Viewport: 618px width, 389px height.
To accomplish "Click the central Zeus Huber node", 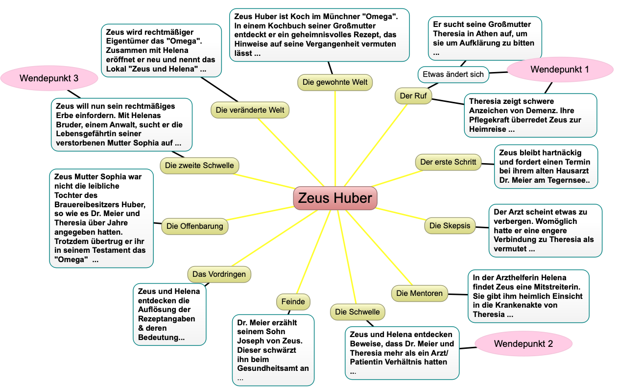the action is (x=335, y=198).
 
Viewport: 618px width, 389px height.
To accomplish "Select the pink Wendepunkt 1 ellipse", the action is (x=560, y=70).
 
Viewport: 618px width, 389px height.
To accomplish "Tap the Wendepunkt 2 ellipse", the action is (x=523, y=344).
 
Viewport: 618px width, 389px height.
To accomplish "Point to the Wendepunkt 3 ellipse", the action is (x=49, y=78).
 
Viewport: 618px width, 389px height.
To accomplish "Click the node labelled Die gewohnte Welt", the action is (x=335, y=82).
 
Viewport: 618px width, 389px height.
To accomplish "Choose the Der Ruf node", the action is (x=413, y=96).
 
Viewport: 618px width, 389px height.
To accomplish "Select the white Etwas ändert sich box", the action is (x=453, y=74).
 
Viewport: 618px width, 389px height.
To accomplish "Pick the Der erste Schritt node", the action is (x=448, y=162).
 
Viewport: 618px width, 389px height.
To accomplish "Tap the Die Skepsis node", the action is (x=450, y=225).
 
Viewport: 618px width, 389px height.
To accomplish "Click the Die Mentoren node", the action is (x=419, y=293).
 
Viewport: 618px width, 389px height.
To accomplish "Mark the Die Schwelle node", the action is (x=357, y=312).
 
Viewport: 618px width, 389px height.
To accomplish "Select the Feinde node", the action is (x=293, y=302).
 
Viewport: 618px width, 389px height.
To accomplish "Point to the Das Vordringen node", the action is (x=219, y=274).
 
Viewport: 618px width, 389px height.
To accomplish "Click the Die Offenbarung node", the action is (x=194, y=226).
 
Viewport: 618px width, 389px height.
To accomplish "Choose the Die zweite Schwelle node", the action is (x=199, y=166).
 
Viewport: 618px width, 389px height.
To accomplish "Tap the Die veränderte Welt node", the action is (x=250, y=110).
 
